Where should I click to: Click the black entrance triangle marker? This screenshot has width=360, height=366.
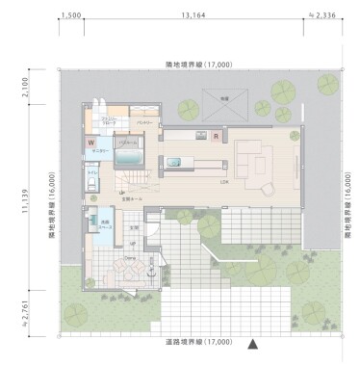[x=253, y=342]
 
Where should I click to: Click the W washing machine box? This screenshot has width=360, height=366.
[x=93, y=142]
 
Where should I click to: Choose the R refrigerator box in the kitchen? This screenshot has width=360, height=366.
[x=216, y=137]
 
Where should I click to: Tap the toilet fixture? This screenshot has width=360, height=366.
[x=92, y=182]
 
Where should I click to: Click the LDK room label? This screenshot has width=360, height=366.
[x=223, y=181]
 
